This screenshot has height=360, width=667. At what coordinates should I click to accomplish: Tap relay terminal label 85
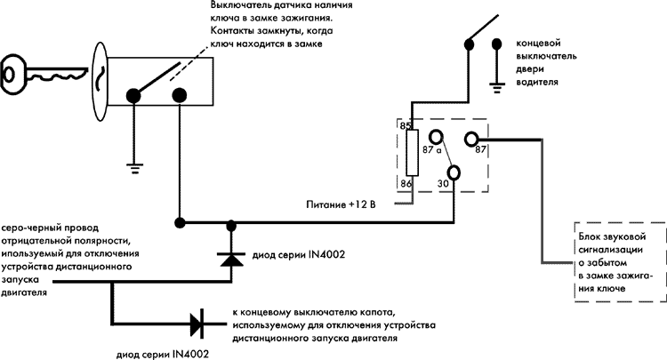[406, 127]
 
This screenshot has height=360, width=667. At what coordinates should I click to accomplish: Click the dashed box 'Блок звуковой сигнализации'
[619, 262]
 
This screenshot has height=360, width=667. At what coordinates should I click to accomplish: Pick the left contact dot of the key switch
[134, 93]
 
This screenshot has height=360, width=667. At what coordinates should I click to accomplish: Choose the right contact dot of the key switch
[180, 93]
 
